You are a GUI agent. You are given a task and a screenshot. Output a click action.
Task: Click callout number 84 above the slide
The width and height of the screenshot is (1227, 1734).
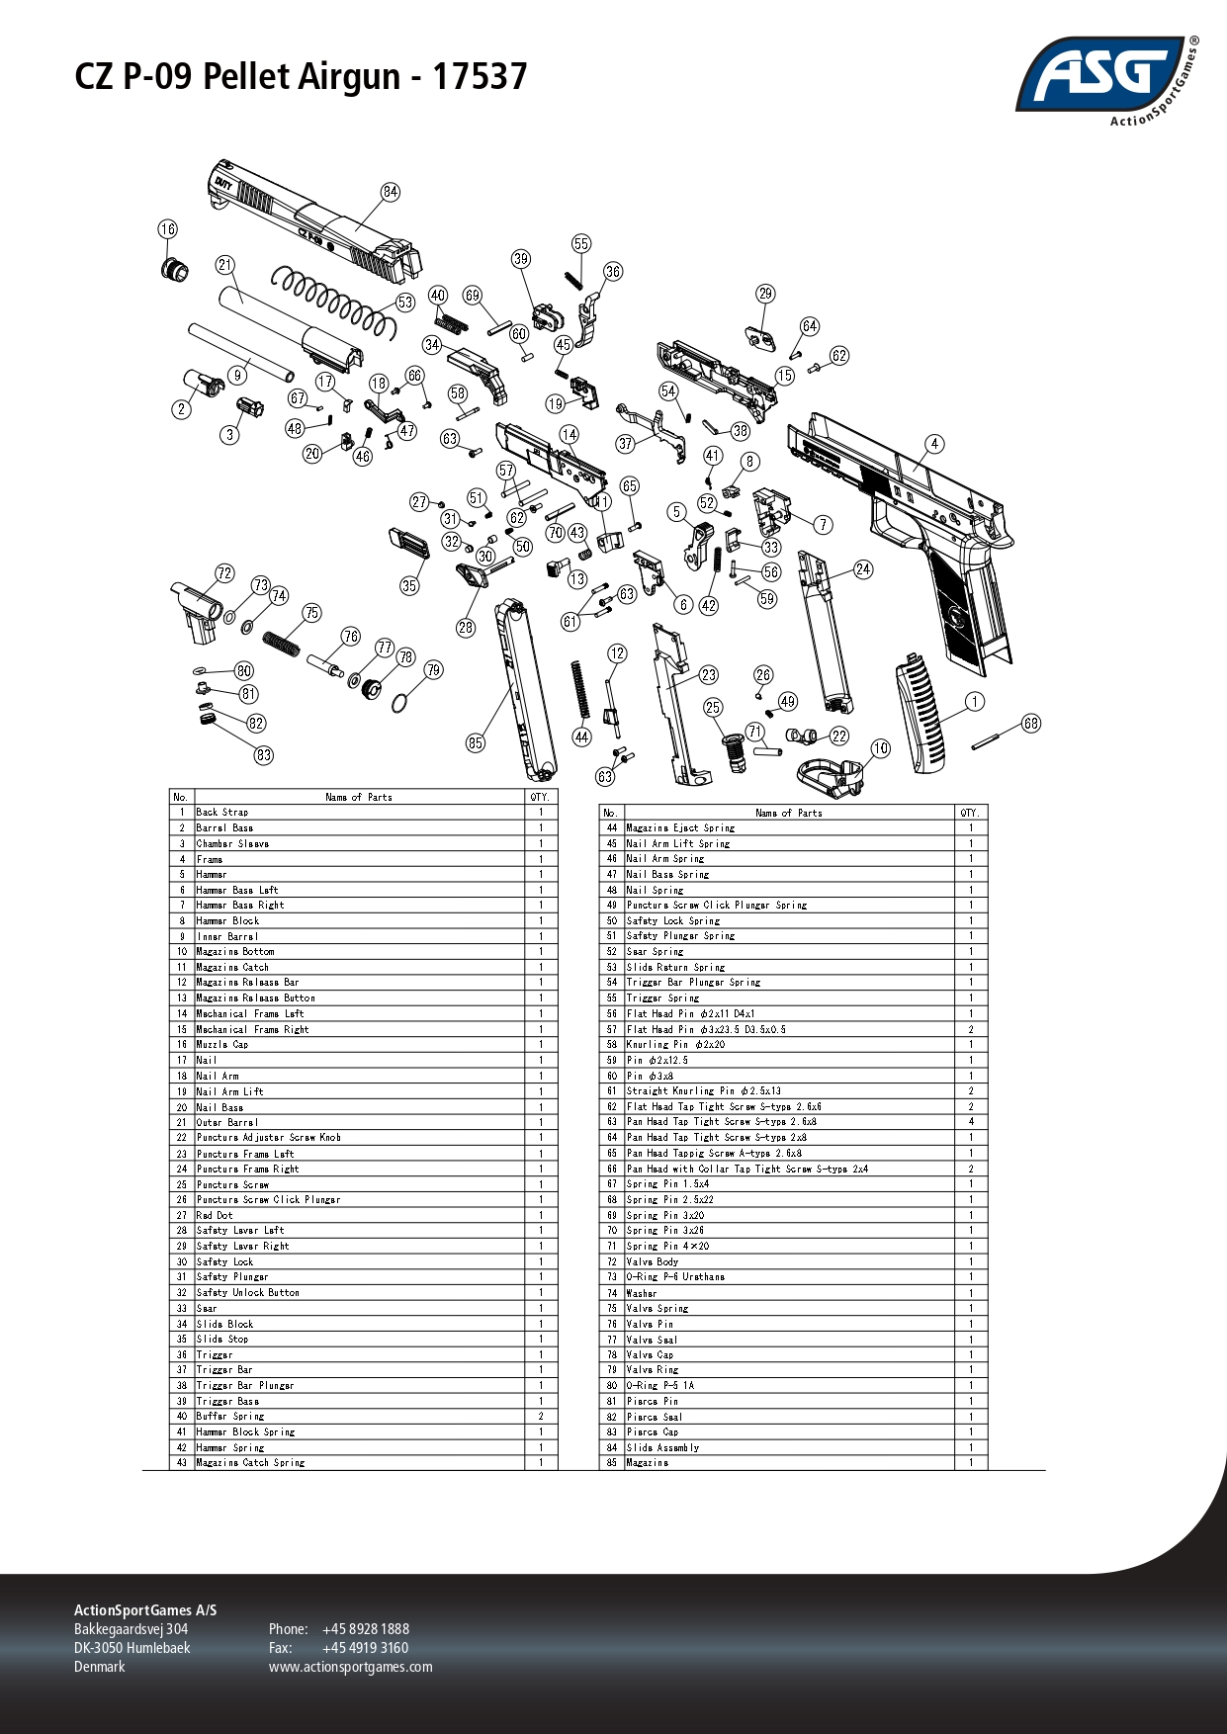coord(391,192)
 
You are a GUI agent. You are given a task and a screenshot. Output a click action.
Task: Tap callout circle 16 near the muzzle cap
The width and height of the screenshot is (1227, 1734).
coord(168,229)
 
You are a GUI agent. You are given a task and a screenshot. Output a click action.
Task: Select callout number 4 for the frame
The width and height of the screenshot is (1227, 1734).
coord(934,444)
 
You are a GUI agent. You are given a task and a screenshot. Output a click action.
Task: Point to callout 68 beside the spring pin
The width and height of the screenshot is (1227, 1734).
coord(1031,724)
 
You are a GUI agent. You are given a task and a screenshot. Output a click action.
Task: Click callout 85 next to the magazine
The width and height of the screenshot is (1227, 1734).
coord(476,742)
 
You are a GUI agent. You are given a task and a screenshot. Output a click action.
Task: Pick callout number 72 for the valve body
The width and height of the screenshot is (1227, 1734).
coord(224,573)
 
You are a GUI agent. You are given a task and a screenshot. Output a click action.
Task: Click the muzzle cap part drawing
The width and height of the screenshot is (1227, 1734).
coord(176,268)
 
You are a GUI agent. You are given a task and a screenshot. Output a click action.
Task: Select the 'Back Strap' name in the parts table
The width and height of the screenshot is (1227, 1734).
coord(222,813)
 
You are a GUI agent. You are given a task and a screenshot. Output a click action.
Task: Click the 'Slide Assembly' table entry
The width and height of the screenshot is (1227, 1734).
coord(662,1447)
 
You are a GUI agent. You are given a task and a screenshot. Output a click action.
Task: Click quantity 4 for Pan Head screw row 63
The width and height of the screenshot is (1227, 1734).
coord(971,1122)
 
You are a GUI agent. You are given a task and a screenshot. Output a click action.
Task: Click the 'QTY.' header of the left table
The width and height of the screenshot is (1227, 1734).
coord(540,797)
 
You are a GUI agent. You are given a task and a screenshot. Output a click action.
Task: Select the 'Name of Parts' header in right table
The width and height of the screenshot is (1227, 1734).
coord(788,813)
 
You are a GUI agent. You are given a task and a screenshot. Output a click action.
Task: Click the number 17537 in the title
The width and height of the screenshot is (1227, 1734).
coord(480,76)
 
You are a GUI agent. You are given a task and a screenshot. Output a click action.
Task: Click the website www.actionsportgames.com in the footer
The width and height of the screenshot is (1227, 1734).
coord(350,1667)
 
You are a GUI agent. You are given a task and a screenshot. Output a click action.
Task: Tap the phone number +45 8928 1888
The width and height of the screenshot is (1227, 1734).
coord(365,1629)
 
